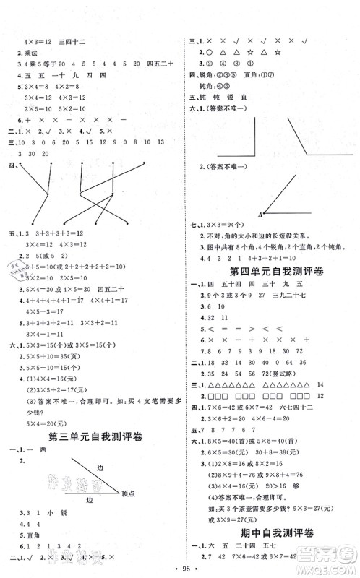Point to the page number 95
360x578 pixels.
click(179, 567)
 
